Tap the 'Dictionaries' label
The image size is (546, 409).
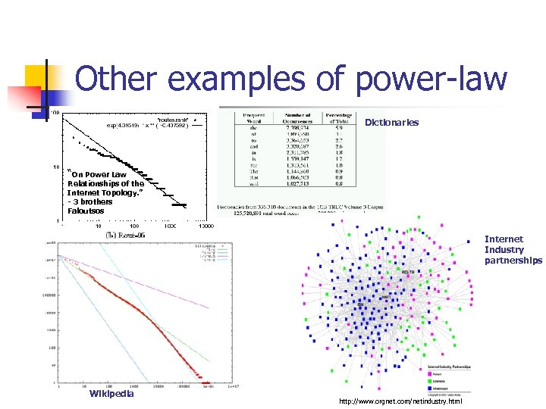[x=391, y=123]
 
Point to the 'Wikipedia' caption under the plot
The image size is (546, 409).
[x=111, y=393]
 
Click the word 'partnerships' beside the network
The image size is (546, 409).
[x=513, y=261]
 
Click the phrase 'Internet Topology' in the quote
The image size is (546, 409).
[x=102, y=193]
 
